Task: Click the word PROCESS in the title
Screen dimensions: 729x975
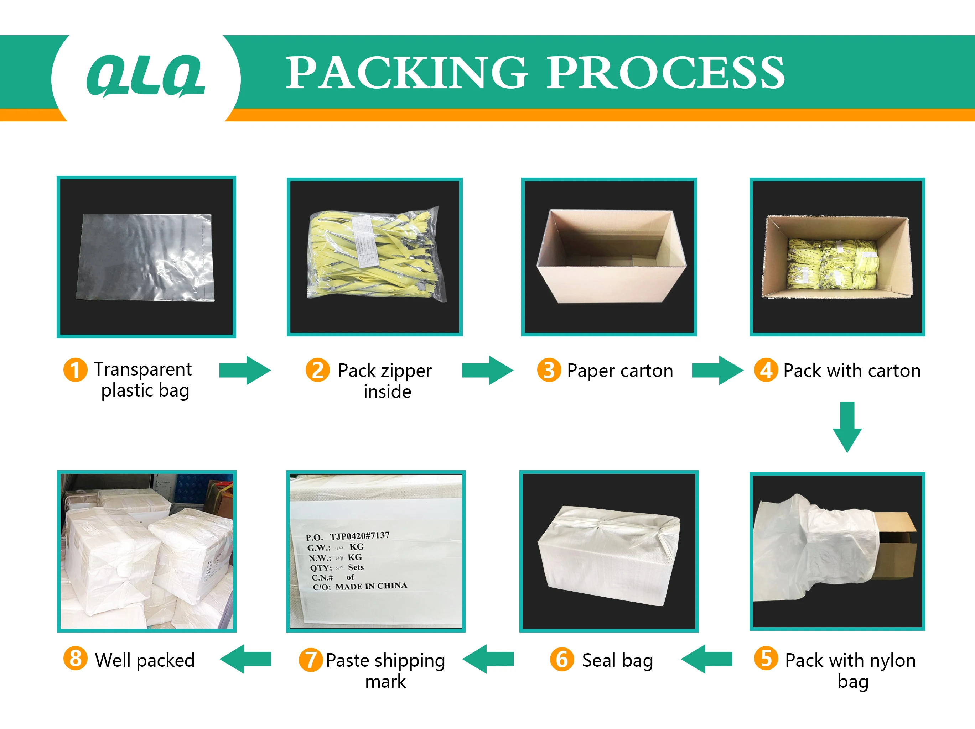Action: pos(665,73)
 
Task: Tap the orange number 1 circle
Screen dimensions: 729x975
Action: pos(76,369)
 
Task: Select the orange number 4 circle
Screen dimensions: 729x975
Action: pos(766,370)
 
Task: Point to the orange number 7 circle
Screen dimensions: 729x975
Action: pos(310,660)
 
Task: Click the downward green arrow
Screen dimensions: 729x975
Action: pos(847,426)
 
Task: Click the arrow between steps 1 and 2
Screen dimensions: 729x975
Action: pos(245,370)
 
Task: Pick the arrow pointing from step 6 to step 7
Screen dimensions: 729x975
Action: pos(488,659)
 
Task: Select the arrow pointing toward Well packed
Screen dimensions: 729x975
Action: pos(245,659)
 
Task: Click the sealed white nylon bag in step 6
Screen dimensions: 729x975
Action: pos(608,553)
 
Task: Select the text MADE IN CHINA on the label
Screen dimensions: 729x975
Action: pos(371,586)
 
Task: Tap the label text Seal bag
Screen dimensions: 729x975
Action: pos(617,660)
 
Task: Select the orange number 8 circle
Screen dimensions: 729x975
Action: pos(76,659)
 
